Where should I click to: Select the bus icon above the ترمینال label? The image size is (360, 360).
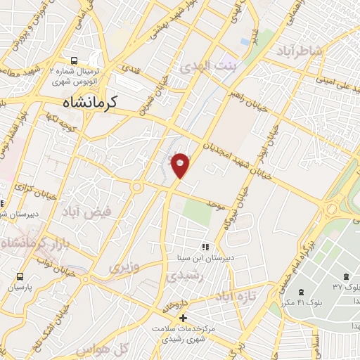pyautogui.click(x=75, y=60)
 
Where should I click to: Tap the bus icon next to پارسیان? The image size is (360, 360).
pyautogui.click(x=20, y=276)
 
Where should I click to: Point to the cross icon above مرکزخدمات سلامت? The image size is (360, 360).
pyautogui.click(x=184, y=319)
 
